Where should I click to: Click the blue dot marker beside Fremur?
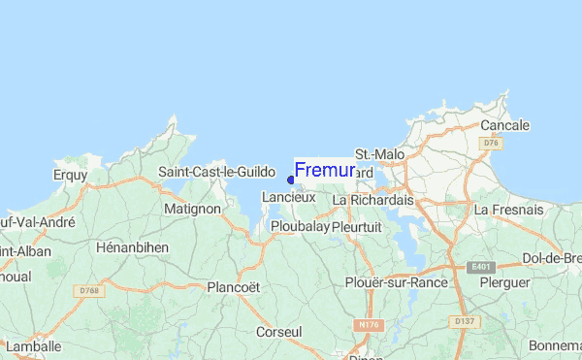[291, 180]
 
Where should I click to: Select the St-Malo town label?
[379, 154]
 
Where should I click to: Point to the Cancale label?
[504, 125]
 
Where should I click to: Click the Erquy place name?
[70, 176]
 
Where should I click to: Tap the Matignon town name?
[193, 208]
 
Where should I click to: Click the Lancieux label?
[288, 197]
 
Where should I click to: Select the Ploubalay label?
[298, 226]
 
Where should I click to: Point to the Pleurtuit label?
[359, 226]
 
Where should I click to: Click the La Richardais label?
[372, 200]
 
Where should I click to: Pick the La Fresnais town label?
[507, 209]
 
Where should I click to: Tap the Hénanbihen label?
[133, 247]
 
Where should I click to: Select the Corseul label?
[278, 332]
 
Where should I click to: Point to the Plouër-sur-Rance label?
[396, 282]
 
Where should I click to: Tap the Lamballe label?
[33, 345]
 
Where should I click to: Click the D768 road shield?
[90, 290]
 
